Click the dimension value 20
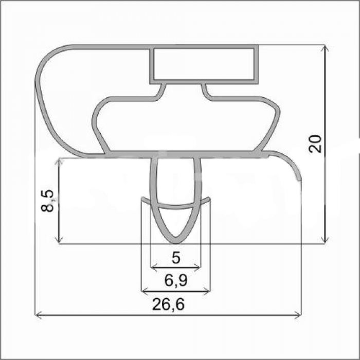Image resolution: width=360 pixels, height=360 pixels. [315, 144]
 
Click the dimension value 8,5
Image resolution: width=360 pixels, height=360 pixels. [47, 201]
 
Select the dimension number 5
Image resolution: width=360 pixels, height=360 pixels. [176, 258]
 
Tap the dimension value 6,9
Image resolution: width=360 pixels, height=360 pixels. [176, 280]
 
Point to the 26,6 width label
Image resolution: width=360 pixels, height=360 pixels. [168, 304]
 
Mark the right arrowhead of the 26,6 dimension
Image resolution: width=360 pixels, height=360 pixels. [298, 316]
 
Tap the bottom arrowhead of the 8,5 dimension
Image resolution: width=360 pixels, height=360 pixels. [60, 240]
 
